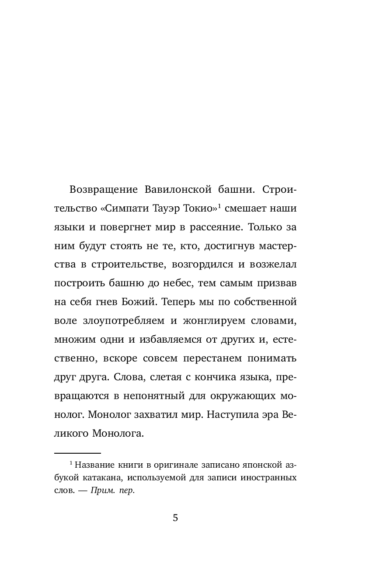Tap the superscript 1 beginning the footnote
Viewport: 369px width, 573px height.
tap(71, 462)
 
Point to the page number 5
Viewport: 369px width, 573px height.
tap(175, 518)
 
